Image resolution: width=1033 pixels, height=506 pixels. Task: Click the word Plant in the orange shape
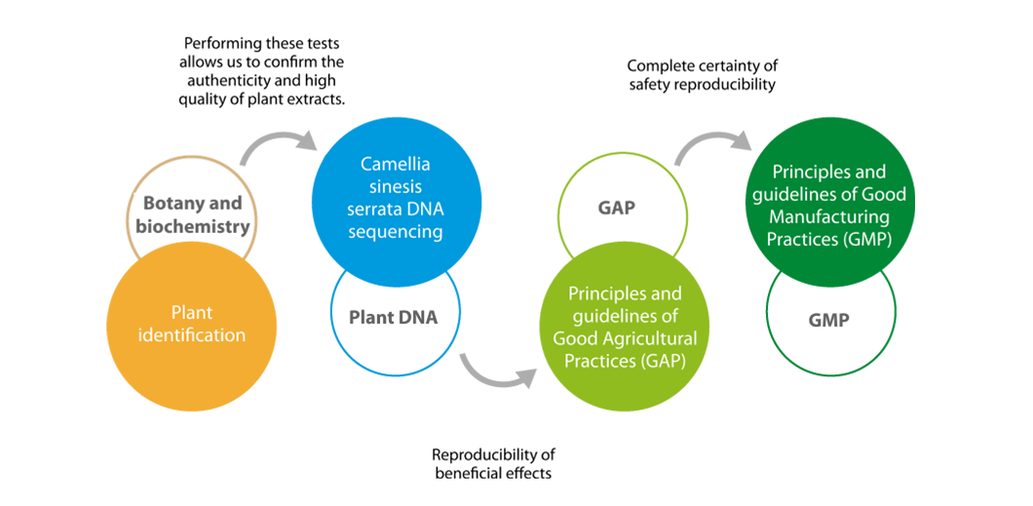pos(192,314)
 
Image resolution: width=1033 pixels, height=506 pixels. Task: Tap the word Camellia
pos(395,164)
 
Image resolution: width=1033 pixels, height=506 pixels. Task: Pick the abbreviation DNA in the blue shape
pos(425,209)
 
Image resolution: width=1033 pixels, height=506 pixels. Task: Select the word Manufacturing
pos(828,216)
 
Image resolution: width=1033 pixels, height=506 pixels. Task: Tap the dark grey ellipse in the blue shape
pos(394,317)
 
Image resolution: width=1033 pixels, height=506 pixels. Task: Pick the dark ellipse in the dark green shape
pos(828,322)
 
